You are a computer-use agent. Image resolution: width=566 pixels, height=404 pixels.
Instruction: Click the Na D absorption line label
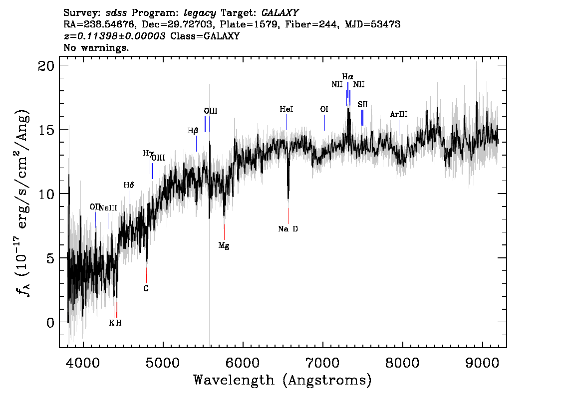click(288, 229)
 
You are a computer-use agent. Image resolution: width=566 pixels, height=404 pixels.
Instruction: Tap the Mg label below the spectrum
click(224, 246)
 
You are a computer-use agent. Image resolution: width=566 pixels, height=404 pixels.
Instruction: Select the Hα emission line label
click(347, 76)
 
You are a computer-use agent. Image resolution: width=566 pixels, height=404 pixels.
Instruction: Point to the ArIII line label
click(398, 114)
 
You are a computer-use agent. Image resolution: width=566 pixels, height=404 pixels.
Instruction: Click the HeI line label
click(286, 109)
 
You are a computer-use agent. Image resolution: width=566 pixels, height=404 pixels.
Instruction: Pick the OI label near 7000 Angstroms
click(324, 109)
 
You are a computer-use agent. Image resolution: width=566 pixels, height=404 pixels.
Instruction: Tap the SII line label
click(362, 105)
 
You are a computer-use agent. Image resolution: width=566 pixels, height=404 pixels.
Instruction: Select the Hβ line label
click(193, 131)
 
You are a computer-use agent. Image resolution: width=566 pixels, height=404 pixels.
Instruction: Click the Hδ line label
click(128, 185)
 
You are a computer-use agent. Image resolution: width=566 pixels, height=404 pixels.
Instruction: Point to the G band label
click(146, 289)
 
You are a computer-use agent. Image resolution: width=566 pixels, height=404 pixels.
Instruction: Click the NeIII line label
click(108, 208)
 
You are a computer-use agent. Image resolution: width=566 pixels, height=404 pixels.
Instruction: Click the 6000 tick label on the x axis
click(243, 363)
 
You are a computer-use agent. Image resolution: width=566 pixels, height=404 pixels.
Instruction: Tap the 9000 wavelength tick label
click(482, 363)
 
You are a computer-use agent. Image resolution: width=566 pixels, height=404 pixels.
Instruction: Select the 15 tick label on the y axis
click(46, 130)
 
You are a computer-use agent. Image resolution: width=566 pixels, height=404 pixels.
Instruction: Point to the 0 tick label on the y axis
click(50, 323)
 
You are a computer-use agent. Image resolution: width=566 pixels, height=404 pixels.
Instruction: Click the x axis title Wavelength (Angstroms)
click(283, 380)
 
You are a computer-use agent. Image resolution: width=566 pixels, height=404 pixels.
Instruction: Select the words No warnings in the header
click(96, 47)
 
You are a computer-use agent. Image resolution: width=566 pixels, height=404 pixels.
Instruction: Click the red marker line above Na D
click(288, 215)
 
